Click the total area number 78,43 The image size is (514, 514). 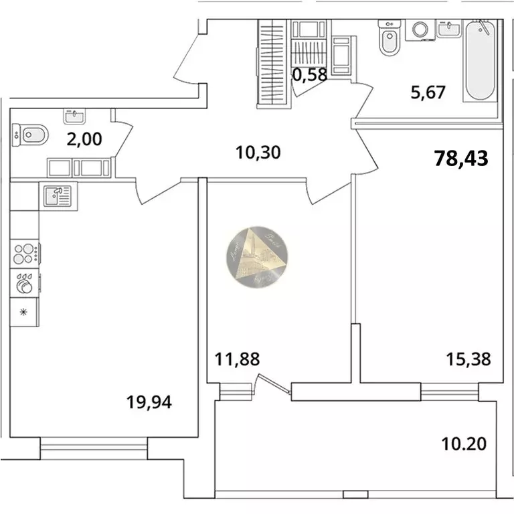click(x=462, y=159)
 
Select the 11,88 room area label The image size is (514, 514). click(x=237, y=359)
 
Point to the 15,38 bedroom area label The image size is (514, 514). click(x=468, y=359)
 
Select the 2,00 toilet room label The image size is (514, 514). click(x=84, y=139)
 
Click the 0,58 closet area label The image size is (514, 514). click(x=310, y=74)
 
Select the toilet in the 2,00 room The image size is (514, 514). click(x=29, y=135)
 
